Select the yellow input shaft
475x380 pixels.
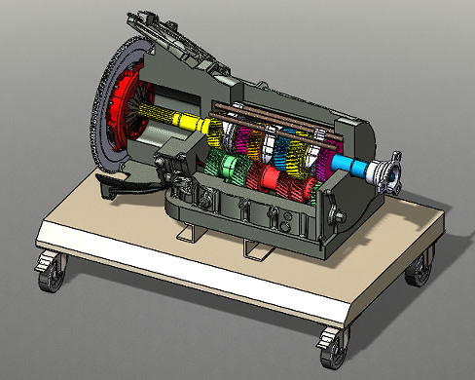(185, 121)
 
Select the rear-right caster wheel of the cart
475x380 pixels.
(420, 268)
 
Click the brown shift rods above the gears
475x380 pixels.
(282, 114)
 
